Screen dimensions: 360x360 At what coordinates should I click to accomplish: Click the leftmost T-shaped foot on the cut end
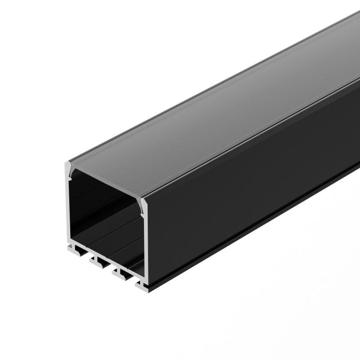click(72, 247)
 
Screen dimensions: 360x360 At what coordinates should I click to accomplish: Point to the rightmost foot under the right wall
click(141, 284)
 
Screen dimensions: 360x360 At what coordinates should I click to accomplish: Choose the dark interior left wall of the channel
click(81, 211)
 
